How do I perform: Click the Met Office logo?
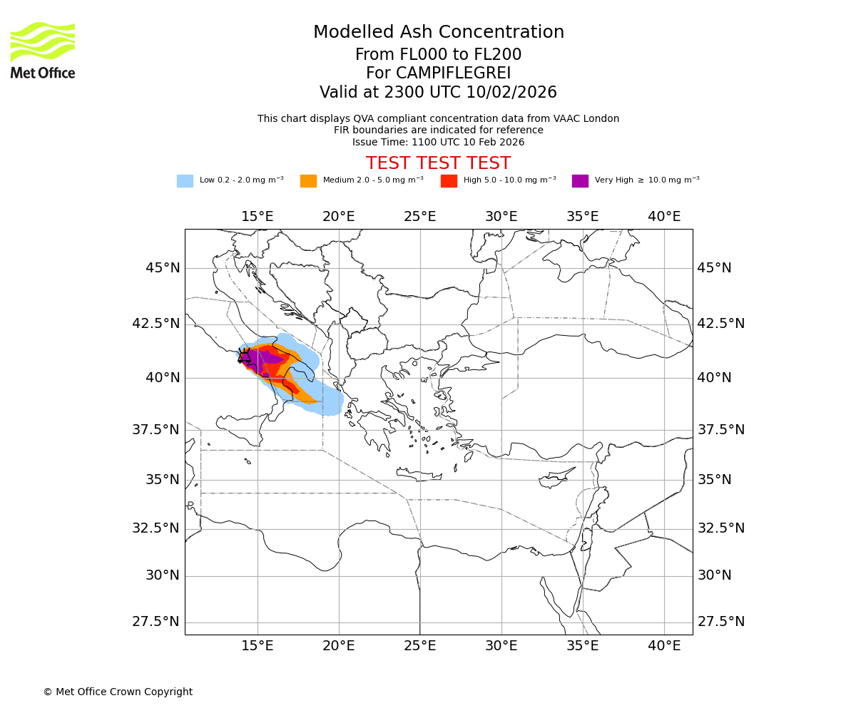(43, 50)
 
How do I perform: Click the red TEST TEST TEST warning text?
(438, 163)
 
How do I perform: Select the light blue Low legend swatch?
(185, 180)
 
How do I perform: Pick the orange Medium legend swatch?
(308, 180)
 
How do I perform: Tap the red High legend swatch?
(449, 180)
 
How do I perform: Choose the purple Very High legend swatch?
(580, 180)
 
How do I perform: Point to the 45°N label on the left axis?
(163, 268)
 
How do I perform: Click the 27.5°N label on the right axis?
(720, 622)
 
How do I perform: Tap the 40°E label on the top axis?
(664, 216)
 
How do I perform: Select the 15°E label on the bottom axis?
(258, 646)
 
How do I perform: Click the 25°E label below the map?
(420, 646)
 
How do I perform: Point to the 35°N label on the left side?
(163, 479)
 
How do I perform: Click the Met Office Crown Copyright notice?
(118, 692)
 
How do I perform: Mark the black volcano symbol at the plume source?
(245, 356)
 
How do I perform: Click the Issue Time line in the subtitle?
(438, 142)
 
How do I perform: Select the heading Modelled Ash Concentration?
(438, 32)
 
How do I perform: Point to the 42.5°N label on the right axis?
(720, 324)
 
